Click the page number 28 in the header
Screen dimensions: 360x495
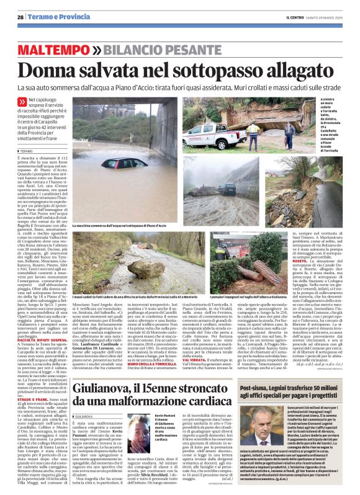coord(20,17)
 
